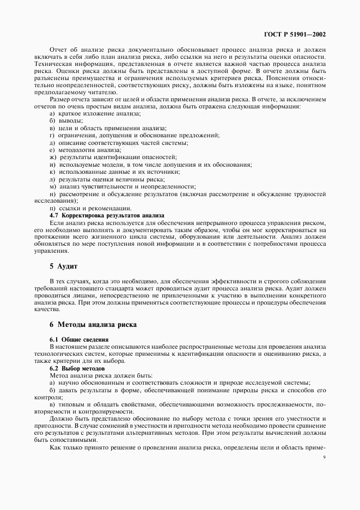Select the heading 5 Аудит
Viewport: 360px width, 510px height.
[64, 266]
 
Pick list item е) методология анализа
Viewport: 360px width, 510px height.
[84, 150]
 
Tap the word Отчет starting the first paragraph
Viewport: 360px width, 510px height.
[60, 49]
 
